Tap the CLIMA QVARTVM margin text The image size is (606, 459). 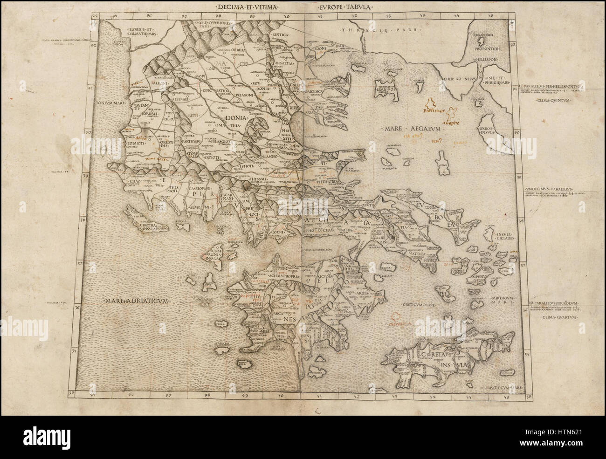tap(559, 317)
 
